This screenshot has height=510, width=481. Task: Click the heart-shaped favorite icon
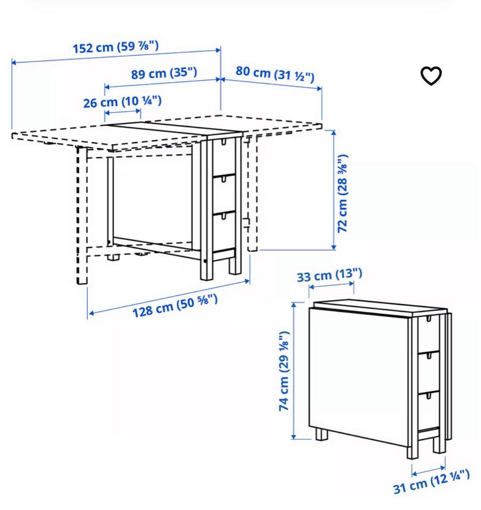(x=431, y=76)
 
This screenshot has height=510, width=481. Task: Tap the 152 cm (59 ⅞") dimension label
(x=116, y=47)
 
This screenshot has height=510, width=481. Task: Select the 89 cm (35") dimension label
(x=164, y=73)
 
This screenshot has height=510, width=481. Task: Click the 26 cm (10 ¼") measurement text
(x=122, y=102)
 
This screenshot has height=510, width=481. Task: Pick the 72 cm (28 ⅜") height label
(x=342, y=193)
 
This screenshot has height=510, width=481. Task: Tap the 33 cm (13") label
(x=329, y=275)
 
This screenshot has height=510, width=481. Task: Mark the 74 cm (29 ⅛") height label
(x=284, y=371)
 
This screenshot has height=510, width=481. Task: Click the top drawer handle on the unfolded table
(x=223, y=142)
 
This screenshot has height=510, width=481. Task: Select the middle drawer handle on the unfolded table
(x=224, y=179)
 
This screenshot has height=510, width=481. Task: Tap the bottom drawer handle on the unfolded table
(x=224, y=216)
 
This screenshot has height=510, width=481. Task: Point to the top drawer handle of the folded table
(x=428, y=318)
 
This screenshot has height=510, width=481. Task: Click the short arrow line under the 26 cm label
(x=123, y=112)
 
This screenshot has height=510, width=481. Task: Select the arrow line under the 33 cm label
(x=331, y=285)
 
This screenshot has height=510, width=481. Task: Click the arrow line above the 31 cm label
(x=428, y=471)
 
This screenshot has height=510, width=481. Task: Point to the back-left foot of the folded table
(x=321, y=435)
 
